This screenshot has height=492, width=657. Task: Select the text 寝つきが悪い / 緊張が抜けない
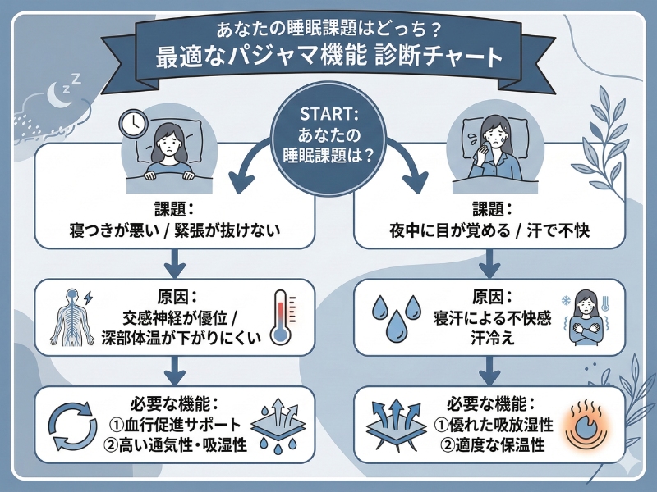(x=176, y=231)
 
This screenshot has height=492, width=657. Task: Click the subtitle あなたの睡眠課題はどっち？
(x=328, y=27)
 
